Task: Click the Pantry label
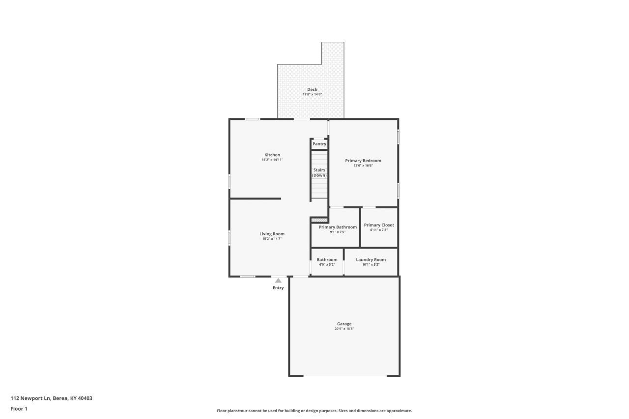[x=319, y=144]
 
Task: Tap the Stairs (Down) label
[x=319, y=172]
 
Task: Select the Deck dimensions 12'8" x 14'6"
[x=312, y=94]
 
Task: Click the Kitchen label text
[x=272, y=155]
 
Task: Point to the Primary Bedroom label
[x=363, y=161]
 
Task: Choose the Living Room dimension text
[x=272, y=239]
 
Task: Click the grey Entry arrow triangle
[x=278, y=280]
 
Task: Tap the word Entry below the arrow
[x=278, y=288]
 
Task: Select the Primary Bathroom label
[x=338, y=227]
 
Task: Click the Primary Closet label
[x=379, y=225]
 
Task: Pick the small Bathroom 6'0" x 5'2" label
[x=327, y=262]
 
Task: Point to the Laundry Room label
[x=371, y=259]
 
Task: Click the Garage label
[x=344, y=324]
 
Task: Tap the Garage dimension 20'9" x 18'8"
[x=344, y=329]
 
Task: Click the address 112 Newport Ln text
[x=30, y=398]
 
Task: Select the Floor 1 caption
[x=19, y=409]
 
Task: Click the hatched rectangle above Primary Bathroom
[x=319, y=220]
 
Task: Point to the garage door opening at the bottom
[x=345, y=376]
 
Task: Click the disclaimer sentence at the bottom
[x=314, y=411]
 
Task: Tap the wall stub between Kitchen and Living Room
[x=255, y=199]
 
